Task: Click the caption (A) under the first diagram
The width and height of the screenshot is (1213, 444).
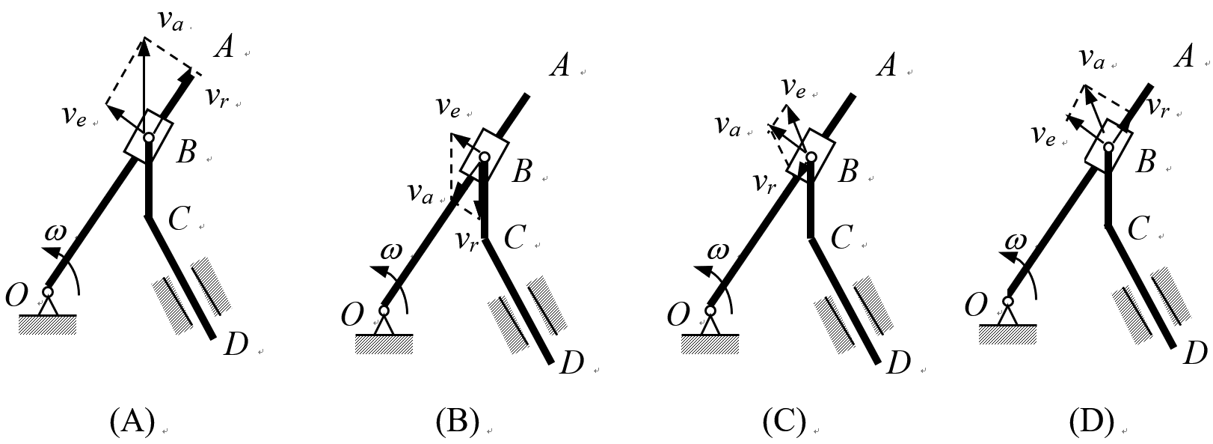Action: click(x=132, y=422)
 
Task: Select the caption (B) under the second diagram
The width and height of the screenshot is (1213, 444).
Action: click(x=457, y=422)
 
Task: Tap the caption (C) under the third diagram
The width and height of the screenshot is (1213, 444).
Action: click(x=784, y=422)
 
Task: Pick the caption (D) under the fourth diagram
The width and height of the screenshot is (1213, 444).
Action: click(x=1091, y=422)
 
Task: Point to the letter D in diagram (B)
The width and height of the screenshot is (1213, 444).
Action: click(x=571, y=363)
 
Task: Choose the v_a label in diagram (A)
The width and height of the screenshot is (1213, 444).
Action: click(x=171, y=20)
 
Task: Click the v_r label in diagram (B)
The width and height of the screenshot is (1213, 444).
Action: click(x=467, y=240)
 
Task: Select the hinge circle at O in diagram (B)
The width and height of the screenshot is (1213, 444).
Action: click(x=384, y=311)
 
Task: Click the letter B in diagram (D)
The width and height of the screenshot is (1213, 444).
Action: click(x=1145, y=161)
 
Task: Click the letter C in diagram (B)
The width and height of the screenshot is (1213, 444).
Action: click(x=514, y=238)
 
